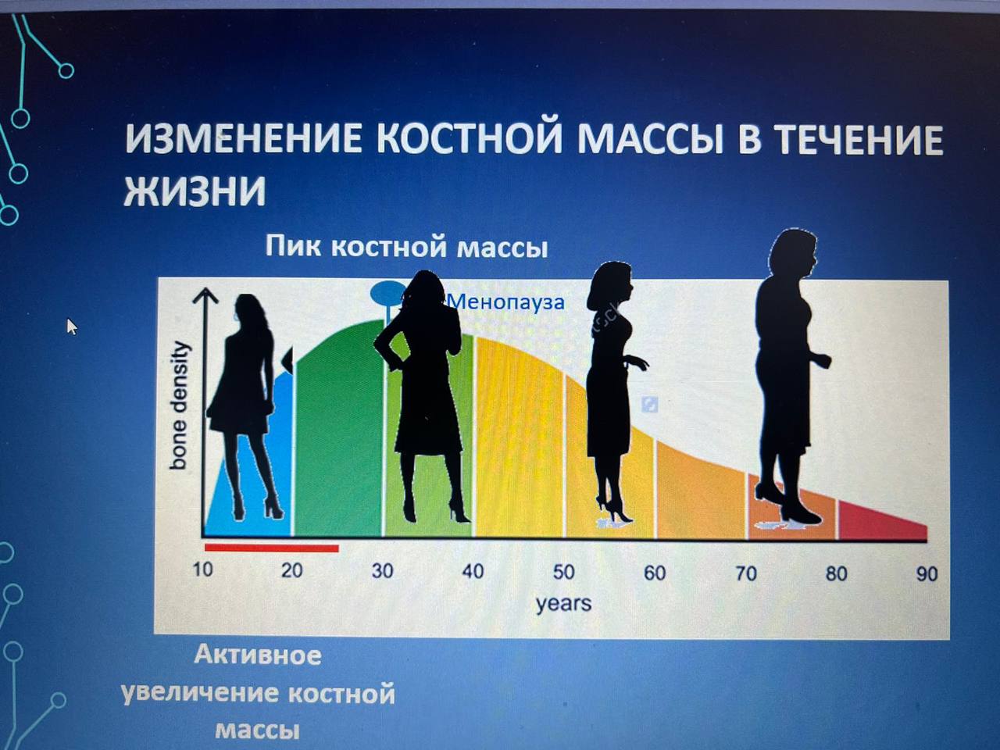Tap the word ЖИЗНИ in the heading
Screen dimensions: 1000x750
195,191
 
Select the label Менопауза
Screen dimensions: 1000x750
505,302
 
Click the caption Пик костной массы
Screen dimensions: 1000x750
406,247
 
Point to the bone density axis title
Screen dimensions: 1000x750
178,405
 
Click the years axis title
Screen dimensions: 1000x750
563,604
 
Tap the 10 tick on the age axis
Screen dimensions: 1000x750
202,570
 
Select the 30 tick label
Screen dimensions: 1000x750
382,570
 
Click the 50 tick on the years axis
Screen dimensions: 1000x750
564,572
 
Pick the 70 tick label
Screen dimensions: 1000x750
746,573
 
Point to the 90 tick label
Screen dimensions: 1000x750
927,574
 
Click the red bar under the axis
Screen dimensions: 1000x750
272,548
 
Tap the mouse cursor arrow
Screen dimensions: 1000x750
72,327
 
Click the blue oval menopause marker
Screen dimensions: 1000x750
387,293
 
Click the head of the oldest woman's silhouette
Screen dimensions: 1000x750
793,254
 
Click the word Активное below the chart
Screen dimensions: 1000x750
258,655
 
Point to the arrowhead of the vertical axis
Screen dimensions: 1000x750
205,295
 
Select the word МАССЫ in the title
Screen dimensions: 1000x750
651,139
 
